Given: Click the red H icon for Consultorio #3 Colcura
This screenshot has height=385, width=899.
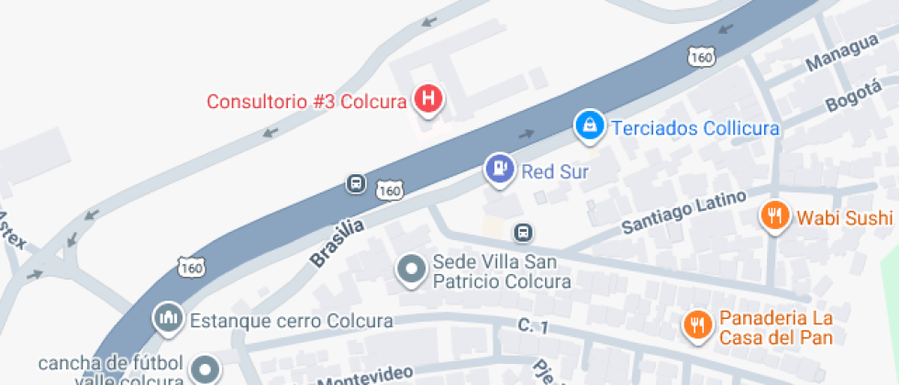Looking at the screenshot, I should (427, 98).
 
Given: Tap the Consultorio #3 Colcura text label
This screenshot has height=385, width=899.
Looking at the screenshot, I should (305, 102).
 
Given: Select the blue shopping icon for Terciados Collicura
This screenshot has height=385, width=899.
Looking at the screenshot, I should (588, 125).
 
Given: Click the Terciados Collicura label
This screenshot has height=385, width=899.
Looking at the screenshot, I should (694, 128).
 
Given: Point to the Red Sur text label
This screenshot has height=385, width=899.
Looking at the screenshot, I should (554, 171).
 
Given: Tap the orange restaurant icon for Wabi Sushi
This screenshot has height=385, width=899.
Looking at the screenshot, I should (775, 215).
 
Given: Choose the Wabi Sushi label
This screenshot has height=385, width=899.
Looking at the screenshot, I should (844, 218).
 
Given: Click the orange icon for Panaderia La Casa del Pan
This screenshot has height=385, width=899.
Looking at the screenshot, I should (698, 324).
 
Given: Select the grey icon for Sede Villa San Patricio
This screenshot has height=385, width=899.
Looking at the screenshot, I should (410, 269).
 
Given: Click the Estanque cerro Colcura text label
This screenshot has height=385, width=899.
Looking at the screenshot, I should (291, 322).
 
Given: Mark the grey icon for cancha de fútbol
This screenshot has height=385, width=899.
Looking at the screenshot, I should (205, 369).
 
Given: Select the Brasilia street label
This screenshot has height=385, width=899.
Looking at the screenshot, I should (337, 242).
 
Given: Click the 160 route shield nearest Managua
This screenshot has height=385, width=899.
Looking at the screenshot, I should (701, 57).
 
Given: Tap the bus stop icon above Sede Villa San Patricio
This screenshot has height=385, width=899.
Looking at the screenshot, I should (523, 233).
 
